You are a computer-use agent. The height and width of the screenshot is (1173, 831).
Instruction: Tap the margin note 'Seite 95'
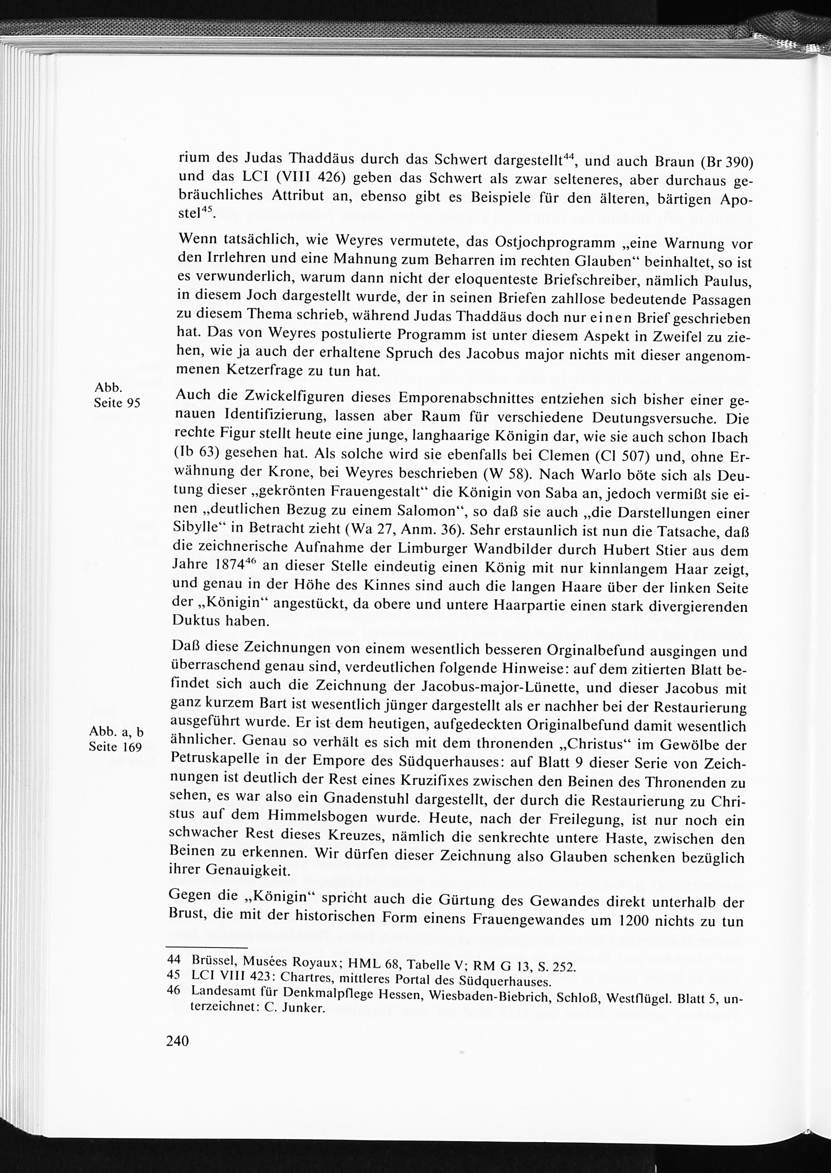point(117,403)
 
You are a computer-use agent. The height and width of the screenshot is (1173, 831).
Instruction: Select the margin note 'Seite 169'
point(115,747)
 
